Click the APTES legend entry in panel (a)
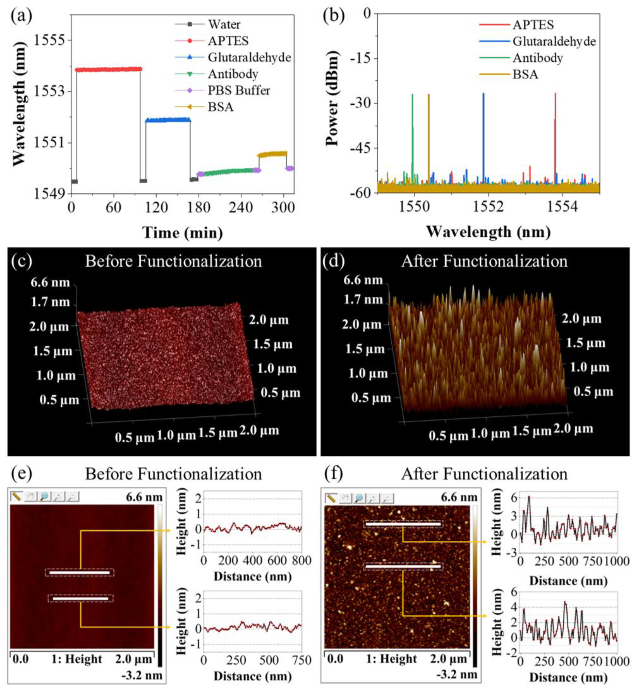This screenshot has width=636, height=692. (228, 41)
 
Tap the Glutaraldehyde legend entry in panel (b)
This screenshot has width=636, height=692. (554, 42)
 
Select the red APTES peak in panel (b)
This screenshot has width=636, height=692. (555, 138)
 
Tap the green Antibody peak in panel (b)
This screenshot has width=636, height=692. (412, 138)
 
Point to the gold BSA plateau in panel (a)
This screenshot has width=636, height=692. (272, 154)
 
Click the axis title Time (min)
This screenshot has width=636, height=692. (183, 233)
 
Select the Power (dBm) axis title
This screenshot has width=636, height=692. (332, 98)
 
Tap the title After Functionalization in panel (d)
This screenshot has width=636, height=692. (484, 261)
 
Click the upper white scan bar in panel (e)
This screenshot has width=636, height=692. (80, 573)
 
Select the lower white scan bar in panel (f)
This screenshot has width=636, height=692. (403, 566)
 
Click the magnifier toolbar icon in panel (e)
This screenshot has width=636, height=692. (44, 496)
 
